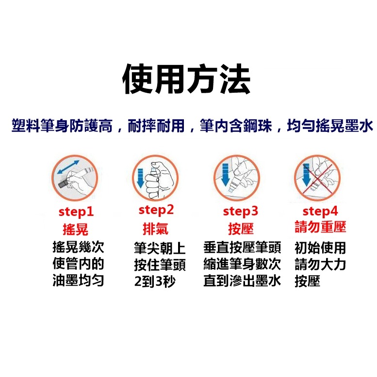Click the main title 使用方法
click(x=186, y=79)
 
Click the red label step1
click(x=76, y=212)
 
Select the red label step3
click(x=240, y=212)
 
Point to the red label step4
click(x=320, y=212)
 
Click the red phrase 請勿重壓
click(x=320, y=228)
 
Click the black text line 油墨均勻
click(x=78, y=281)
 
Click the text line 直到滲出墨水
click(x=242, y=281)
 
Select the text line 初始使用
click(x=320, y=248)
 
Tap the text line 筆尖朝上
click(x=160, y=249)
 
